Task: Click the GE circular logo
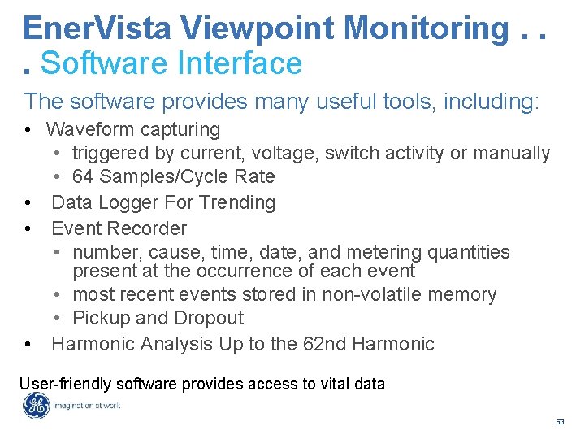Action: [36, 406]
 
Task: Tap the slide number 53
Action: [560, 423]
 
